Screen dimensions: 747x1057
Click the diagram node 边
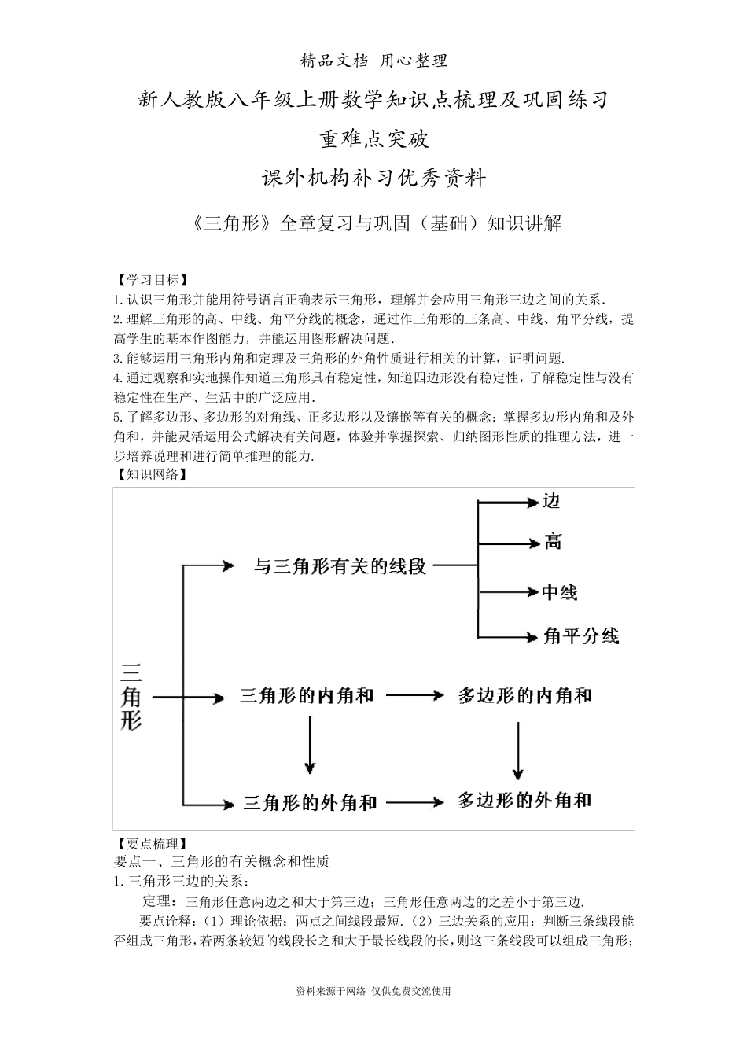pos(551,502)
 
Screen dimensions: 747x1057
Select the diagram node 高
pos(553,542)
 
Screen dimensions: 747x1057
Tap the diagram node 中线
pos(560,592)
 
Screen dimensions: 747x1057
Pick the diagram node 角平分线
pos(581,635)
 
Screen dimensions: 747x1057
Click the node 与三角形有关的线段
pos(340,565)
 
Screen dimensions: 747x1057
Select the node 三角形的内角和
pos(306,696)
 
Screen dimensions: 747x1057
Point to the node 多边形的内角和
pos(524,696)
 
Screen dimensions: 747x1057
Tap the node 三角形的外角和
pos(310,803)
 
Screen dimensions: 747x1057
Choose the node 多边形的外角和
pos(524,801)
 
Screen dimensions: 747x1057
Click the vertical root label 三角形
pos(131,697)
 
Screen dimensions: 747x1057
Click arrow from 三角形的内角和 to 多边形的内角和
pos(414,696)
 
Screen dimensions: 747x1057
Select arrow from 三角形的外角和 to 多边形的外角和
pos(416,802)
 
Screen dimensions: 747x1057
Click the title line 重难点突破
pos(374,139)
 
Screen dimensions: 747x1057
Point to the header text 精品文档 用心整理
pos(374,61)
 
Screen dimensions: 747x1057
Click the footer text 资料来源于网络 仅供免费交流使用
pos(373,991)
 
